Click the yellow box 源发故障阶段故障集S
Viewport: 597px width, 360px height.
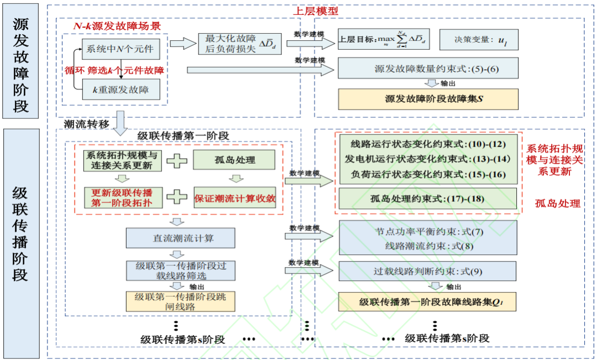click(x=428, y=100)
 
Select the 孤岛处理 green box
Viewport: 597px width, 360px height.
click(x=234, y=160)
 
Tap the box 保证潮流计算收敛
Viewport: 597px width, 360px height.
click(x=234, y=197)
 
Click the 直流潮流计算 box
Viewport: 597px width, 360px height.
click(x=181, y=238)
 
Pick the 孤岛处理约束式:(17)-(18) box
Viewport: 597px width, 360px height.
click(x=428, y=198)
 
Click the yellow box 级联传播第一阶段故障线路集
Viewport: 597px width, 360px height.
click(x=428, y=302)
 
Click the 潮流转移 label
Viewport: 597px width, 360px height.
click(x=82, y=123)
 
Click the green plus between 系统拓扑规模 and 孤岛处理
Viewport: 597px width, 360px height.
click(x=177, y=160)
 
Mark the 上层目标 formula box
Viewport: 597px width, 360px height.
click(x=384, y=40)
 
